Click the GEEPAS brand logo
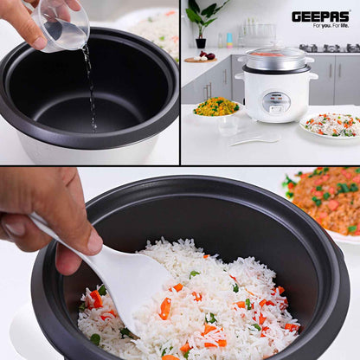point(320,16)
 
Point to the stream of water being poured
point(90,82)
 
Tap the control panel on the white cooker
point(276,102)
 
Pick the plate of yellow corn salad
point(216,107)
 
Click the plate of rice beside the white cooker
point(332,125)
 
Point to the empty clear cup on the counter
point(228,125)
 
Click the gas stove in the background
point(329,48)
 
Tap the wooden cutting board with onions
point(200,60)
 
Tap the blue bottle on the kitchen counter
point(228,40)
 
